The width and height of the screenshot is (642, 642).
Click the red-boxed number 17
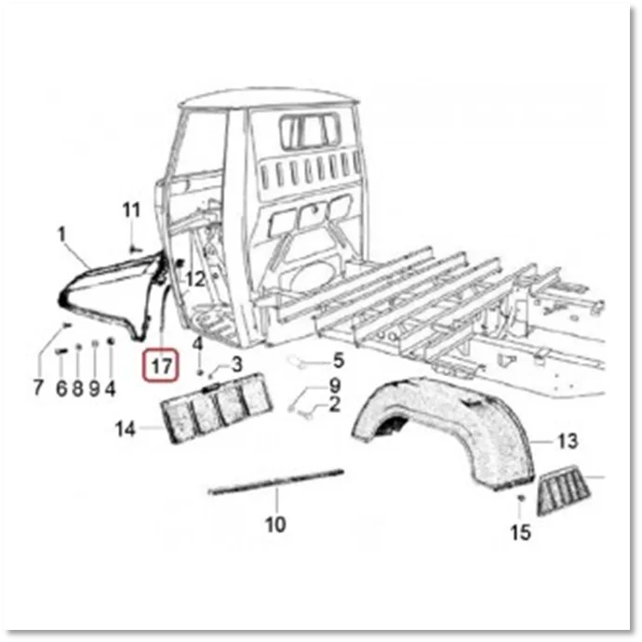[x=161, y=366]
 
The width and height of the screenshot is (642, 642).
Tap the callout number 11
[x=131, y=210]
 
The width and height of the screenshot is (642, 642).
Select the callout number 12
[x=195, y=280]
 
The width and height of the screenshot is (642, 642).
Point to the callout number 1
[x=61, y=235]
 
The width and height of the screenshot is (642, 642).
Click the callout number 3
[x=237, y=365]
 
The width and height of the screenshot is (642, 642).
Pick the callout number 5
[x=339, y=361]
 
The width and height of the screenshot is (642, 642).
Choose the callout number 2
[x=335, y=405]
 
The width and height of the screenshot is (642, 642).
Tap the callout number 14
[x=126, y=429]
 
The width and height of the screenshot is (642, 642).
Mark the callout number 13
[x=568, y=441]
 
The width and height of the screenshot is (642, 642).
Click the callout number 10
[x=275, y=524]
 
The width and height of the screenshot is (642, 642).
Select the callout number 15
[x=521, y=532]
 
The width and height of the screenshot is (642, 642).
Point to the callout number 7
[x=37, y=387]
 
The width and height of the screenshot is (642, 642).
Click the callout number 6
[x=61, y=388]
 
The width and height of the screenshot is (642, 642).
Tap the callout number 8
[x=78, y=388]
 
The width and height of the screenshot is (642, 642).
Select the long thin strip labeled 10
[x=276, y=482]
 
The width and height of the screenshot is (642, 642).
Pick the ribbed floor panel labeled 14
[x=216, y=408]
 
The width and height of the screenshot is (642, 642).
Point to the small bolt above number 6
[x=61, y=351]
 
